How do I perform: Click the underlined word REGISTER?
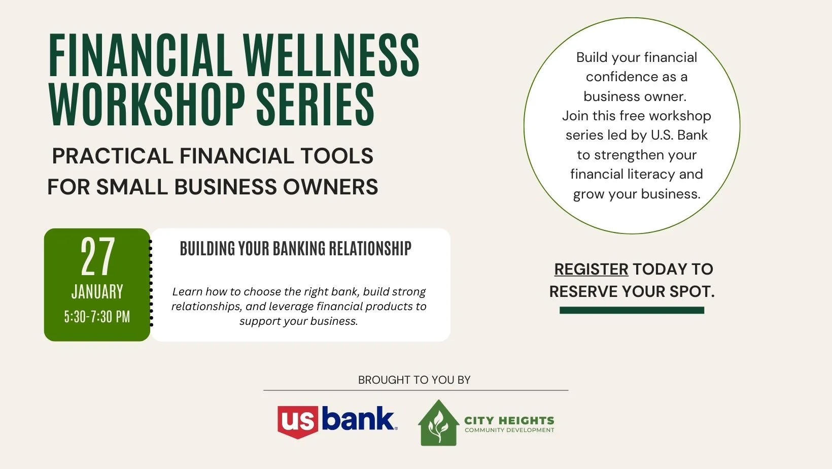591,269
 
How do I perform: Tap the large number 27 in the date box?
97,257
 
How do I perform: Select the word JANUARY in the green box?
97,292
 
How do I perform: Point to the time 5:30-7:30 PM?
97,317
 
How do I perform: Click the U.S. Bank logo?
337,421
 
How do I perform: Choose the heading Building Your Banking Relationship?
295,249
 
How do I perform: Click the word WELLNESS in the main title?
331,56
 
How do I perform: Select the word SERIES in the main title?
315,105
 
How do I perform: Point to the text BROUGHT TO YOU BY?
414,380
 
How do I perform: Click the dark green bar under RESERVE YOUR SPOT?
632,310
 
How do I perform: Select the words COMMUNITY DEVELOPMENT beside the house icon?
509,430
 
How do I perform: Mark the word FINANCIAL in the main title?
140,56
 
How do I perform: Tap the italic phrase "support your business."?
299,321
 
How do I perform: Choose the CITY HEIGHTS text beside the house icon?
509,420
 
